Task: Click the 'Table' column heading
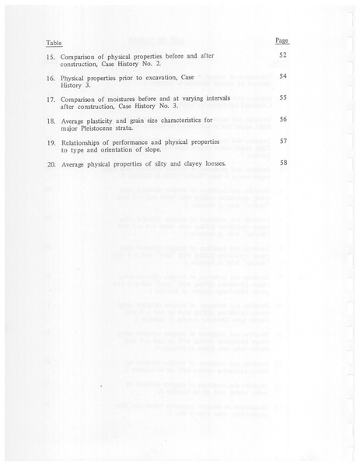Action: (53, 43)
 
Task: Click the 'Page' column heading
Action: (282, 39)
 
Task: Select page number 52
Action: (283, 56)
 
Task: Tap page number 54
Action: (283, 76)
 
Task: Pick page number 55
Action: (283, 98)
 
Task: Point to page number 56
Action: (283, 120)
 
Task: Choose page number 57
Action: (283, 142)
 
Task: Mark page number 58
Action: (283, 163)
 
